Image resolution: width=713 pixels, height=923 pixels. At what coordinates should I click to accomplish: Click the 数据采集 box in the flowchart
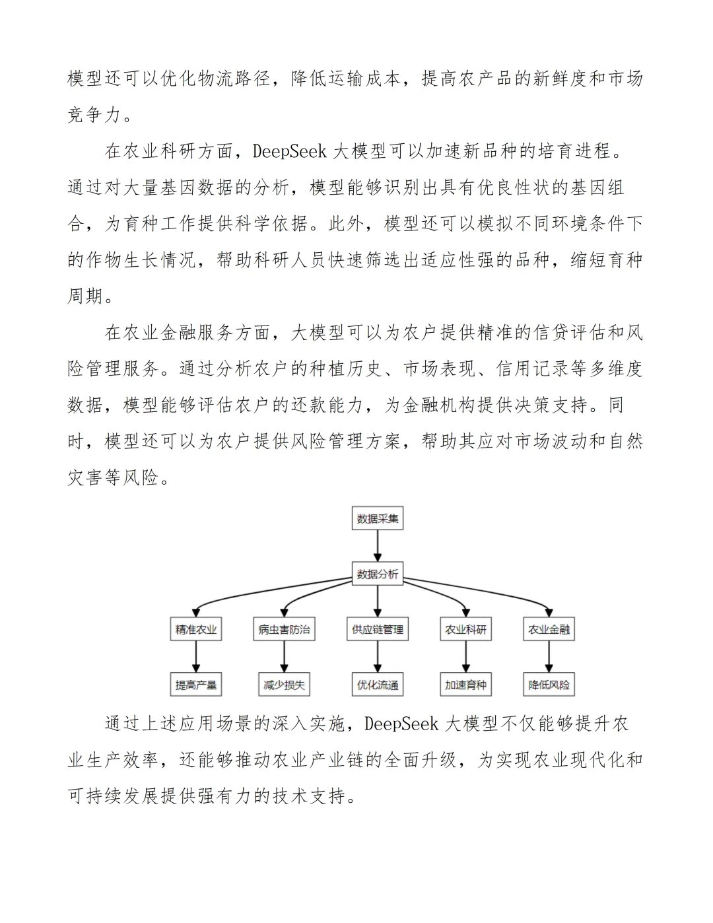[378, 518]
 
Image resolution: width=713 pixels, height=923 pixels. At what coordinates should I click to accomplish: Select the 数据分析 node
[378, 574]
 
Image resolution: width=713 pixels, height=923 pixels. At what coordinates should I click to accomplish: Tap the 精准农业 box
[196, 629]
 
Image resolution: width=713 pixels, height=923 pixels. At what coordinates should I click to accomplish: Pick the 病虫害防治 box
[284, 629]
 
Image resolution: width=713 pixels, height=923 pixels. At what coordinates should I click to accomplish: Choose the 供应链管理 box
[378, 629]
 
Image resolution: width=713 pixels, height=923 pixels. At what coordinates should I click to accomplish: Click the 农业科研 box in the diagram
[465, 629]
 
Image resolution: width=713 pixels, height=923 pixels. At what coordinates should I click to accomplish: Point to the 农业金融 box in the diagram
[549, 629]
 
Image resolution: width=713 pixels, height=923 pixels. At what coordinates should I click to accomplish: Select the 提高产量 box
[196, 685]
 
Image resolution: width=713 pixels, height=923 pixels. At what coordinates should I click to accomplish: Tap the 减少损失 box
[284, 685]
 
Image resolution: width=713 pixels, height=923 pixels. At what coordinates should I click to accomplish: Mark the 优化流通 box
[378, 685]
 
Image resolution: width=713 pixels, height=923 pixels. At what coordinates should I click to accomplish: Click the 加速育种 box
[465, 685]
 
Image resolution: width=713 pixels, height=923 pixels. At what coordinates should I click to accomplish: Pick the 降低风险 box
[549, 685]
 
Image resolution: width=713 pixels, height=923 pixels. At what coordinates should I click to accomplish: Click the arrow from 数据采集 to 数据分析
[378, 546]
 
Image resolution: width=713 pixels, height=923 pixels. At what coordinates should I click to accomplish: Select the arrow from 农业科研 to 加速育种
[465, 657]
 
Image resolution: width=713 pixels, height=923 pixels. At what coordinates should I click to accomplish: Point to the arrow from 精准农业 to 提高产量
[196, 657]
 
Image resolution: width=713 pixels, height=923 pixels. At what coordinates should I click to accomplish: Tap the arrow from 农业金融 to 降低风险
[549, 657]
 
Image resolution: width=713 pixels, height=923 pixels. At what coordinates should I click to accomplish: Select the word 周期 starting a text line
[86, 295]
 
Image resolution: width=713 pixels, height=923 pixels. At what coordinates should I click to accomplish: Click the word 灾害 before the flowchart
[86, 477]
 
